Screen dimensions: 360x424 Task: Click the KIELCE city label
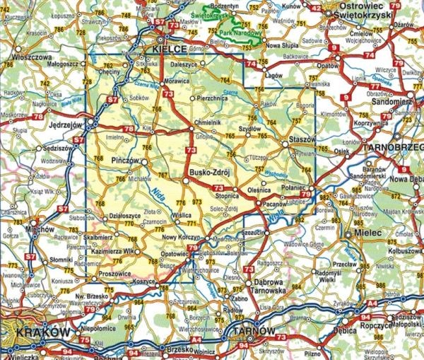[x=170, y=48]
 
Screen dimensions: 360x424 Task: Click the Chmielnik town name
[x=208, y=121]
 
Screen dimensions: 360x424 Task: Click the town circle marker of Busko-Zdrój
[x=186, y=181]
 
